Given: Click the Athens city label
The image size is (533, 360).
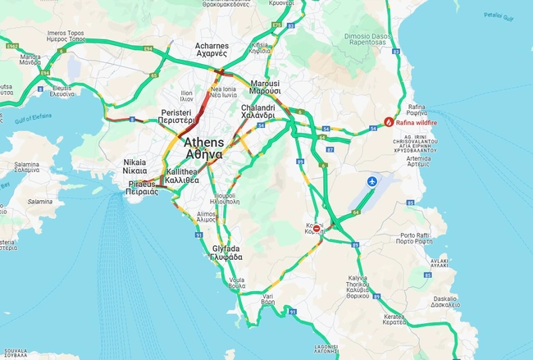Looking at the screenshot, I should (197, 148).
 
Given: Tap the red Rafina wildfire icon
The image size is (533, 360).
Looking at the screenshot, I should (389, 121).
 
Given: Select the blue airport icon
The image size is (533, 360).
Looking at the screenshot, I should (373, 180).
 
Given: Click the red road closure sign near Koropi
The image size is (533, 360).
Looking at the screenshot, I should (317, 230).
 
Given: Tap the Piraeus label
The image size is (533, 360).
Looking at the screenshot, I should (142, 188).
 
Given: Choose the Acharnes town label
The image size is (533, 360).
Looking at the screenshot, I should (211, 49).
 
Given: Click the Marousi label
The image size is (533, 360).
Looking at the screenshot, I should (265, 88).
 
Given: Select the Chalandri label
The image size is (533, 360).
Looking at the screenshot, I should (257, 112).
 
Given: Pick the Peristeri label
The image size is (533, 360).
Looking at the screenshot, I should (177, 116).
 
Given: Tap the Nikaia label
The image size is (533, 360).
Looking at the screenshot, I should (135, 166).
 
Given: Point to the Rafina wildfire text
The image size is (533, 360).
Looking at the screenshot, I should (417, 122).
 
